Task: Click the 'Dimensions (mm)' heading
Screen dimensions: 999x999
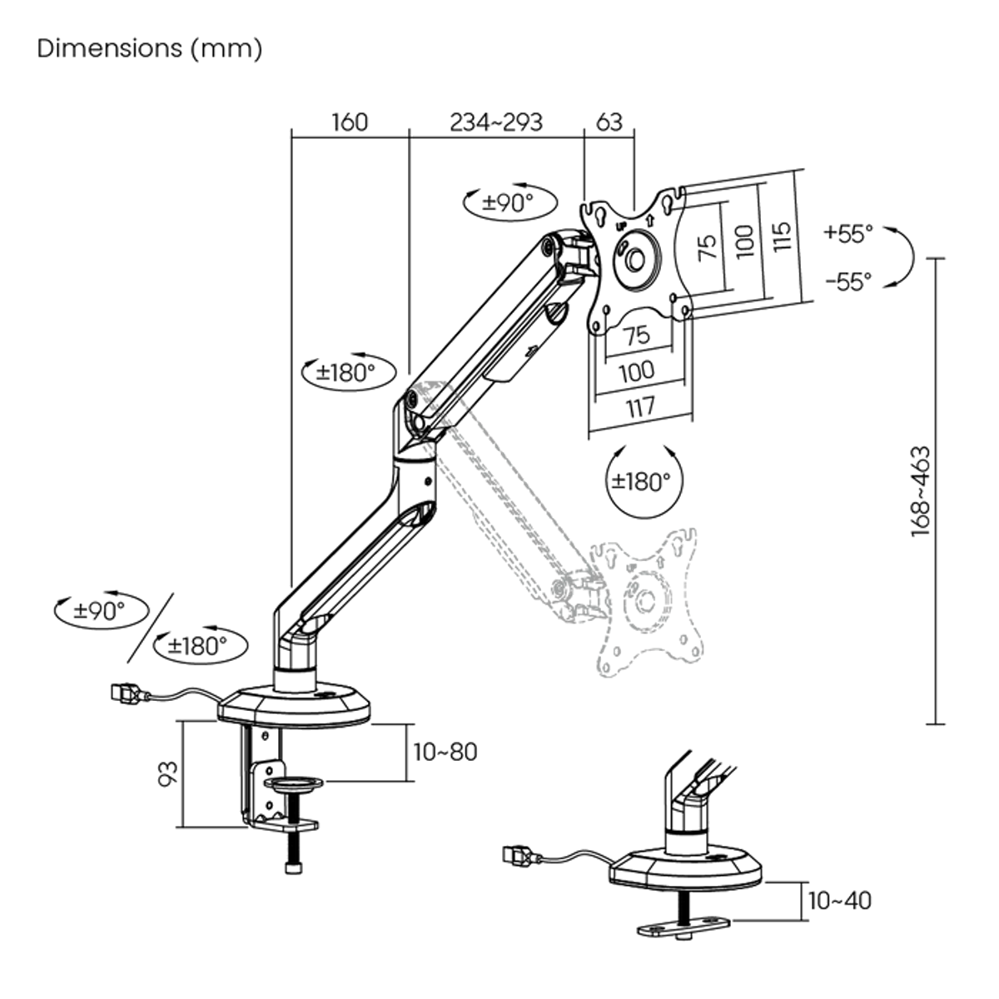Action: tap(150, 48)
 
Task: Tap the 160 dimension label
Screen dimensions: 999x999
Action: tap(350, 122)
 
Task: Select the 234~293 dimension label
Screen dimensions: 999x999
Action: tap(496, 122)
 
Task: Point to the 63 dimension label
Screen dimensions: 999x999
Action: tap(609, 122)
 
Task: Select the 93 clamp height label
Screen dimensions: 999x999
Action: tap(170, 774)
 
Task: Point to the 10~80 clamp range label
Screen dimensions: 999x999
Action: tap(445, 752)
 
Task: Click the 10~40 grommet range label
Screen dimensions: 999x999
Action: tap(840, 901)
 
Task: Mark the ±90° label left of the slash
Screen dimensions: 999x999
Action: tap(98, 610)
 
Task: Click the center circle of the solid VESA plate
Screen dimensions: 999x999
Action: tap(636, 260)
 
